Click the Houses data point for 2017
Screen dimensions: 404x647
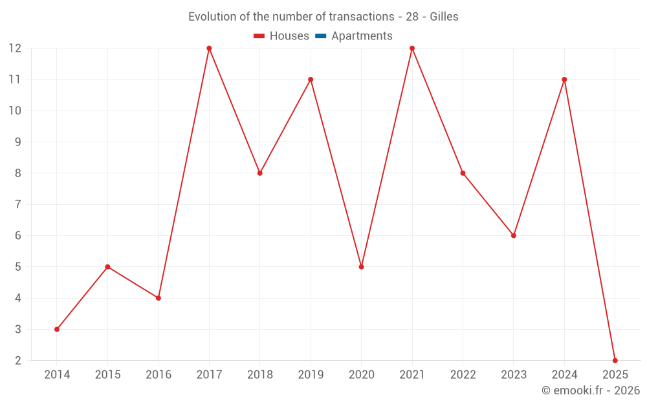(209, 48)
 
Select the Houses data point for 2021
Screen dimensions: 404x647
(412, 48)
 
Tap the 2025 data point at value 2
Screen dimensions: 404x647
(615, 360)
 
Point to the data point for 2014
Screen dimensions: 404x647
(57, 329)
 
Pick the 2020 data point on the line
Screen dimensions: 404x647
(361, 266)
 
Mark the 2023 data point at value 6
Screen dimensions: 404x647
(514, 235)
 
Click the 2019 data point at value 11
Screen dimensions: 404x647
(311, 80)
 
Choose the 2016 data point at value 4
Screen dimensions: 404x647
(159, 298)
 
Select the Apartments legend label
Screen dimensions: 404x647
(362, 36)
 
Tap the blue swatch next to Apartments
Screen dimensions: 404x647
(321, 36)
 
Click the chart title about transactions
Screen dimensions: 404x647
(323, 17)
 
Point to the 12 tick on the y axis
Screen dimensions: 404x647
(15, 48)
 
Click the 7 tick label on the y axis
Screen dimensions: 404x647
(18, 204)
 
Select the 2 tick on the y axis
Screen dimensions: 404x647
(18, 360)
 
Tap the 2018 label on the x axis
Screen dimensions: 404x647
(260, 375)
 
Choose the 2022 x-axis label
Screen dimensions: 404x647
(463, 375)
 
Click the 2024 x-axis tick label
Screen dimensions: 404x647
(564, 375)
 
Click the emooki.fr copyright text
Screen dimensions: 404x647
(590, 390)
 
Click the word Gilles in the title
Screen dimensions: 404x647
(444, 17)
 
